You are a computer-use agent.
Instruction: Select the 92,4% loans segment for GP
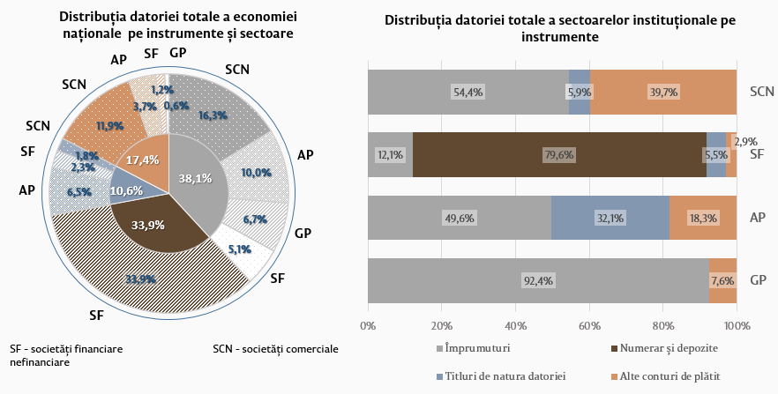[538, 281]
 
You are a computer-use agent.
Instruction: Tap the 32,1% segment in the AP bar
[610, 218]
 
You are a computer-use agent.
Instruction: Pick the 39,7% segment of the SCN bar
[663, 92]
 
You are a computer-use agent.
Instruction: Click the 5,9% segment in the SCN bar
[580, 92]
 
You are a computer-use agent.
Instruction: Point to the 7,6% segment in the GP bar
[722, 281]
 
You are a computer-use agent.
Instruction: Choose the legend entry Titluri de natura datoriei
[504, 376]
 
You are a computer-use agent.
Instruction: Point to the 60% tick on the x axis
[589, 325]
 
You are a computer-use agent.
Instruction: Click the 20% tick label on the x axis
[442, 325]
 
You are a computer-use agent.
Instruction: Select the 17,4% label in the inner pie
[142, 160]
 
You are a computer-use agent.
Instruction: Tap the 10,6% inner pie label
[127, 190]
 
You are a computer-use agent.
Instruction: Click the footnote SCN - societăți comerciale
[275, 348]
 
